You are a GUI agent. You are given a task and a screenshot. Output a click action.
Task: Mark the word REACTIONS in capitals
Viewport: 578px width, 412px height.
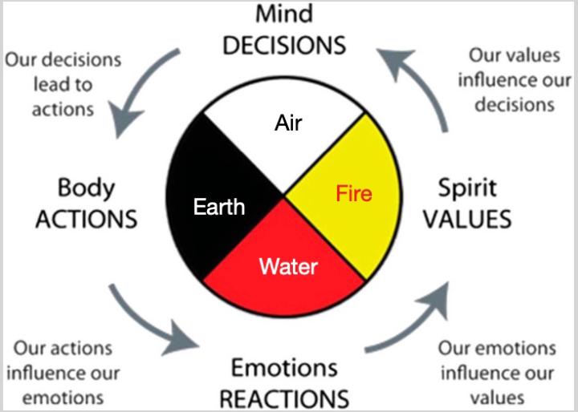pos(284,398)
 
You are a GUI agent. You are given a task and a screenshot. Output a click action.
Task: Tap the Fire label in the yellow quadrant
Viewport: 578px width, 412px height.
pos(354,192)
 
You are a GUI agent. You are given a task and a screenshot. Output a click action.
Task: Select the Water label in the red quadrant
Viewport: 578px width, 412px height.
pos(287,266)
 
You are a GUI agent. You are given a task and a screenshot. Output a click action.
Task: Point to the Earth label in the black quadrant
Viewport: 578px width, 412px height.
pos(218,207)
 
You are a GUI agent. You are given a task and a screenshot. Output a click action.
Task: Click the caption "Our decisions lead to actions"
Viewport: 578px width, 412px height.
pos(63,84)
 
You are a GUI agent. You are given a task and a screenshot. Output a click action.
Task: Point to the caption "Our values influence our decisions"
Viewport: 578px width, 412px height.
pos(510,80)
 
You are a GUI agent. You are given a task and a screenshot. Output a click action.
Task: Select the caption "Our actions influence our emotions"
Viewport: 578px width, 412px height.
pos(63,373)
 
